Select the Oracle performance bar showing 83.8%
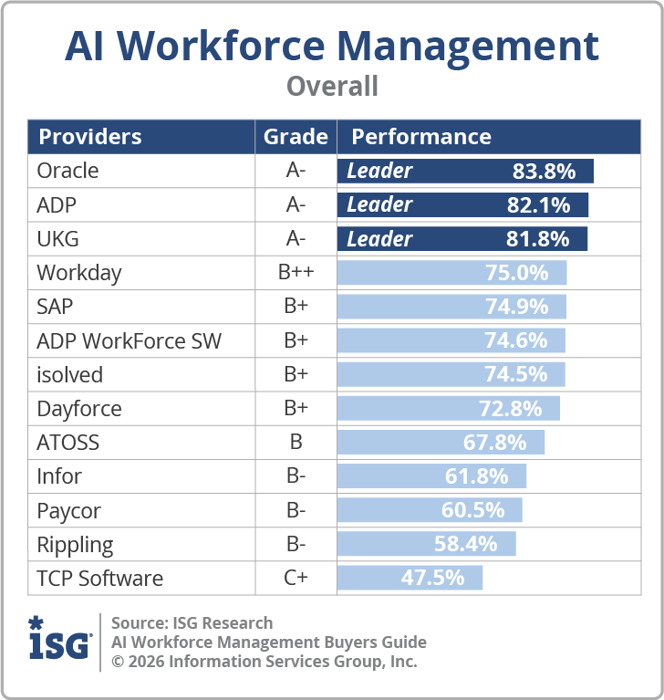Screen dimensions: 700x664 (x=465, y=171)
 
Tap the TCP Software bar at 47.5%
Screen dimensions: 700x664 (x=410, y=578)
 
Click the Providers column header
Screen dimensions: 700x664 (x=89, y=137)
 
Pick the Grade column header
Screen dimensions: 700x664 (x=296, y=137)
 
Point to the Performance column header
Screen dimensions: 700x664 (x=421, y=137)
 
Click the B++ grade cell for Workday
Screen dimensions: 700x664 (x=296, y=273)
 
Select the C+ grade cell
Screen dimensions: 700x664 (x=296, y=579)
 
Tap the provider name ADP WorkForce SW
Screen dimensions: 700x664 (x=129, y=341)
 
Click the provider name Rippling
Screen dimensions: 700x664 (x=75, y=545)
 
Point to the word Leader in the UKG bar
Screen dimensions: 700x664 (x=379, y=239)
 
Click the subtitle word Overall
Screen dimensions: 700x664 (x=332, y=86)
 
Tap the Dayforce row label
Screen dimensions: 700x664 (x=78, y=409)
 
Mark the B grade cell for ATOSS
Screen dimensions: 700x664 (x=296, y=443)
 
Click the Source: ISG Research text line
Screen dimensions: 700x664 (x=192, y=623)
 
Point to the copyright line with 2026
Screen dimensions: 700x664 (x=264, y=662)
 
